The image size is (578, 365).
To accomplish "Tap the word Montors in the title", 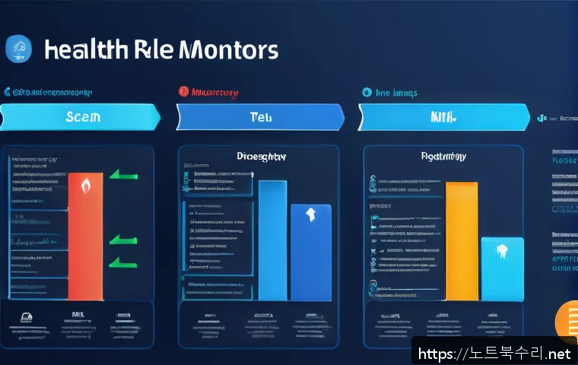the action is [228, 50].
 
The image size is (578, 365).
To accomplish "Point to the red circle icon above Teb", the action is [183, 92].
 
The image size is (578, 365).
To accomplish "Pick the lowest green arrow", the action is [120, 263].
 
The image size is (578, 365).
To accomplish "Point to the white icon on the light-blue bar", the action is [503, 250].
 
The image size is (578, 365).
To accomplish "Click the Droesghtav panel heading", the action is [261, 157].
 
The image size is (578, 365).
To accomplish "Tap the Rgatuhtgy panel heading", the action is [443, 157].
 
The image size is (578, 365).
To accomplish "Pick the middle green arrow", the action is [120, 240].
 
